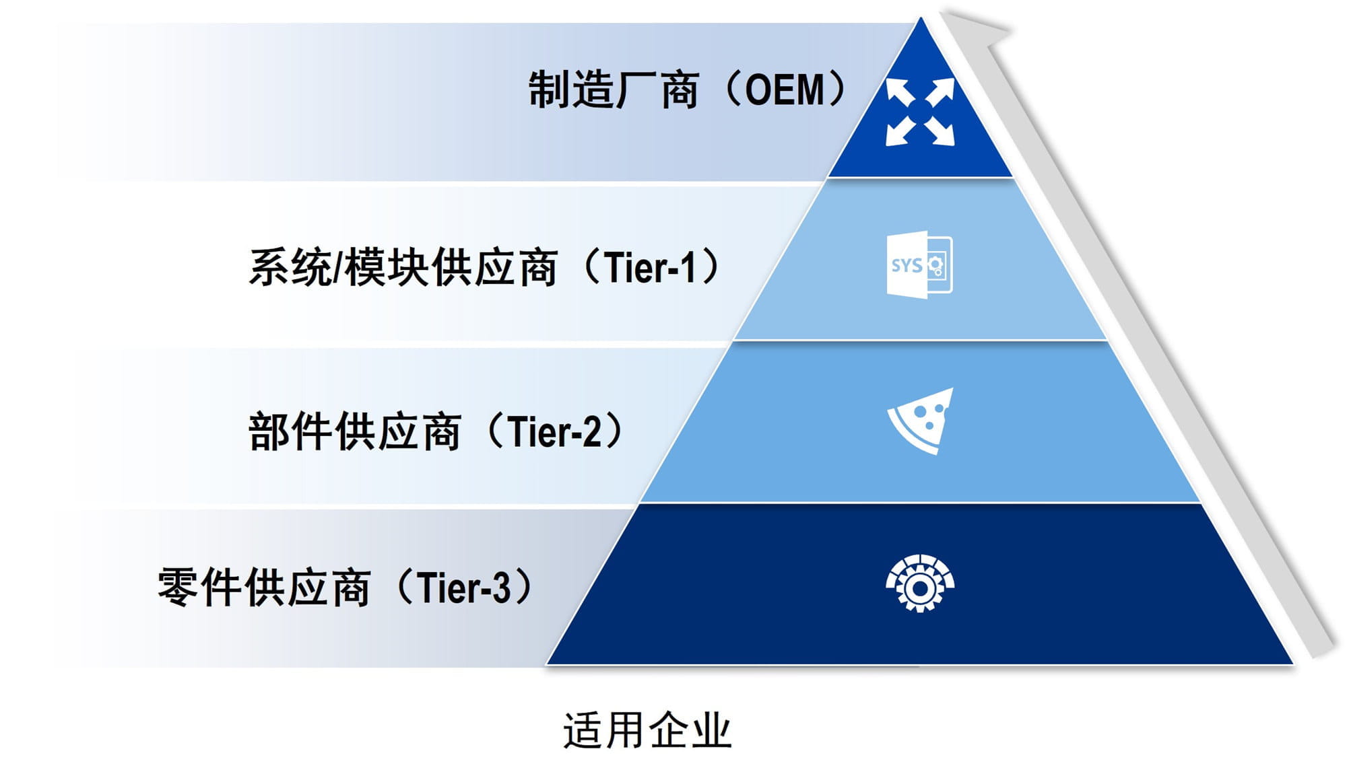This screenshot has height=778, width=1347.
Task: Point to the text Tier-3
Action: [464, 588]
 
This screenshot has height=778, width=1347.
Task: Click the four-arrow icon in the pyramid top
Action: [920, 112]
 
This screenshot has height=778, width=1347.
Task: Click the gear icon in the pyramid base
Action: [920, 583]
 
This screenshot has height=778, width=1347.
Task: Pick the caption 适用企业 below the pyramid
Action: [647, 730]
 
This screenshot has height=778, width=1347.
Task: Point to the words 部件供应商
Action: [354, 432]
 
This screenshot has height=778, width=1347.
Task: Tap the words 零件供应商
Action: [263, 588]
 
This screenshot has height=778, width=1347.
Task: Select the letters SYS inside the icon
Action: [907, 265]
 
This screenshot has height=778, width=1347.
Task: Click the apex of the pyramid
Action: [921, 20]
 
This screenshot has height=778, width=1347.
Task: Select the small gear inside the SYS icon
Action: [935, 264]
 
